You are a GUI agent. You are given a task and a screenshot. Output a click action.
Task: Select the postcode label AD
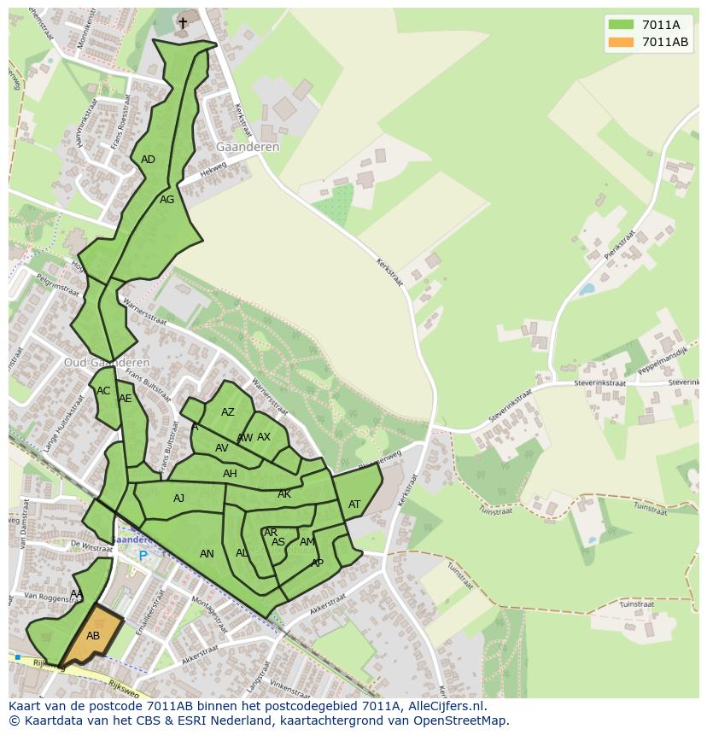148,160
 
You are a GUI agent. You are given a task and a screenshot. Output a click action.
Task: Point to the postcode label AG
167,200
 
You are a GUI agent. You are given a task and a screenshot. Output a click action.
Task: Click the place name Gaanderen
248,147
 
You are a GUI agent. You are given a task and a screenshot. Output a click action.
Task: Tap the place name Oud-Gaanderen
107,362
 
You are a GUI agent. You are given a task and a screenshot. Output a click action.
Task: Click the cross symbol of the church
183,23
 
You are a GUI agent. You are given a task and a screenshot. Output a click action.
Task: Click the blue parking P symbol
143,556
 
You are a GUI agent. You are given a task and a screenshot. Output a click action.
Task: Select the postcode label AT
354,505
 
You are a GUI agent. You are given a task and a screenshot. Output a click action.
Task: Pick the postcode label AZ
227,412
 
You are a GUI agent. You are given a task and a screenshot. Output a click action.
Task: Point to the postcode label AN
207,554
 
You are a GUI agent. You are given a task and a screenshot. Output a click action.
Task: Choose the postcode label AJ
178,499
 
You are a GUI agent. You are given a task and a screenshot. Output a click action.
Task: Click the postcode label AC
103,392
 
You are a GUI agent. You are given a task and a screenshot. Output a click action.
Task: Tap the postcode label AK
284,494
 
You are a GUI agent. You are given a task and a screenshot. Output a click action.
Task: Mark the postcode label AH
230,474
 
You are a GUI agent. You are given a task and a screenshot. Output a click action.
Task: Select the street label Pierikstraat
620,245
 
